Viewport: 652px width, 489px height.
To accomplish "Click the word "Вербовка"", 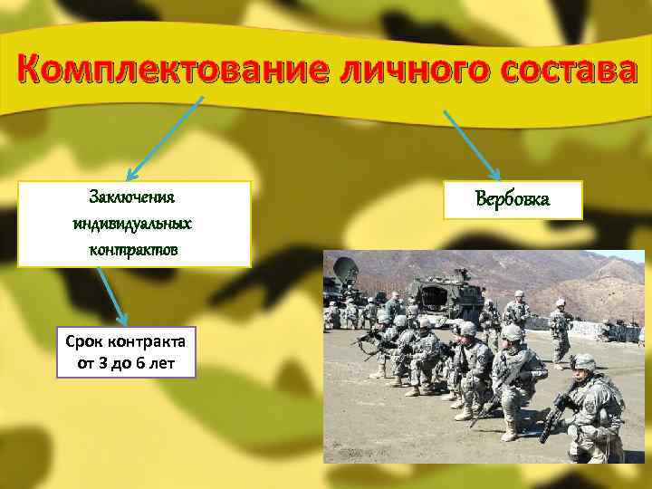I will [x=513, y=199].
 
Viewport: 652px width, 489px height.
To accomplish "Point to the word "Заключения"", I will [x=132, y=197].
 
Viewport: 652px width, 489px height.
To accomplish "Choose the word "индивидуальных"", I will [x=132, y=223].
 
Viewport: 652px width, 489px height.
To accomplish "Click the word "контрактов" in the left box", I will [x=132, y=247].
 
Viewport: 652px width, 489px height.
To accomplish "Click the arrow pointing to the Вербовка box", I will [x=471, y=144].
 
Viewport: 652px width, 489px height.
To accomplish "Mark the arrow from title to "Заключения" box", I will [x=162, y=137].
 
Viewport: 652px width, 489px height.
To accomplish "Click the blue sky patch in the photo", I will [x=625, y=254].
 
